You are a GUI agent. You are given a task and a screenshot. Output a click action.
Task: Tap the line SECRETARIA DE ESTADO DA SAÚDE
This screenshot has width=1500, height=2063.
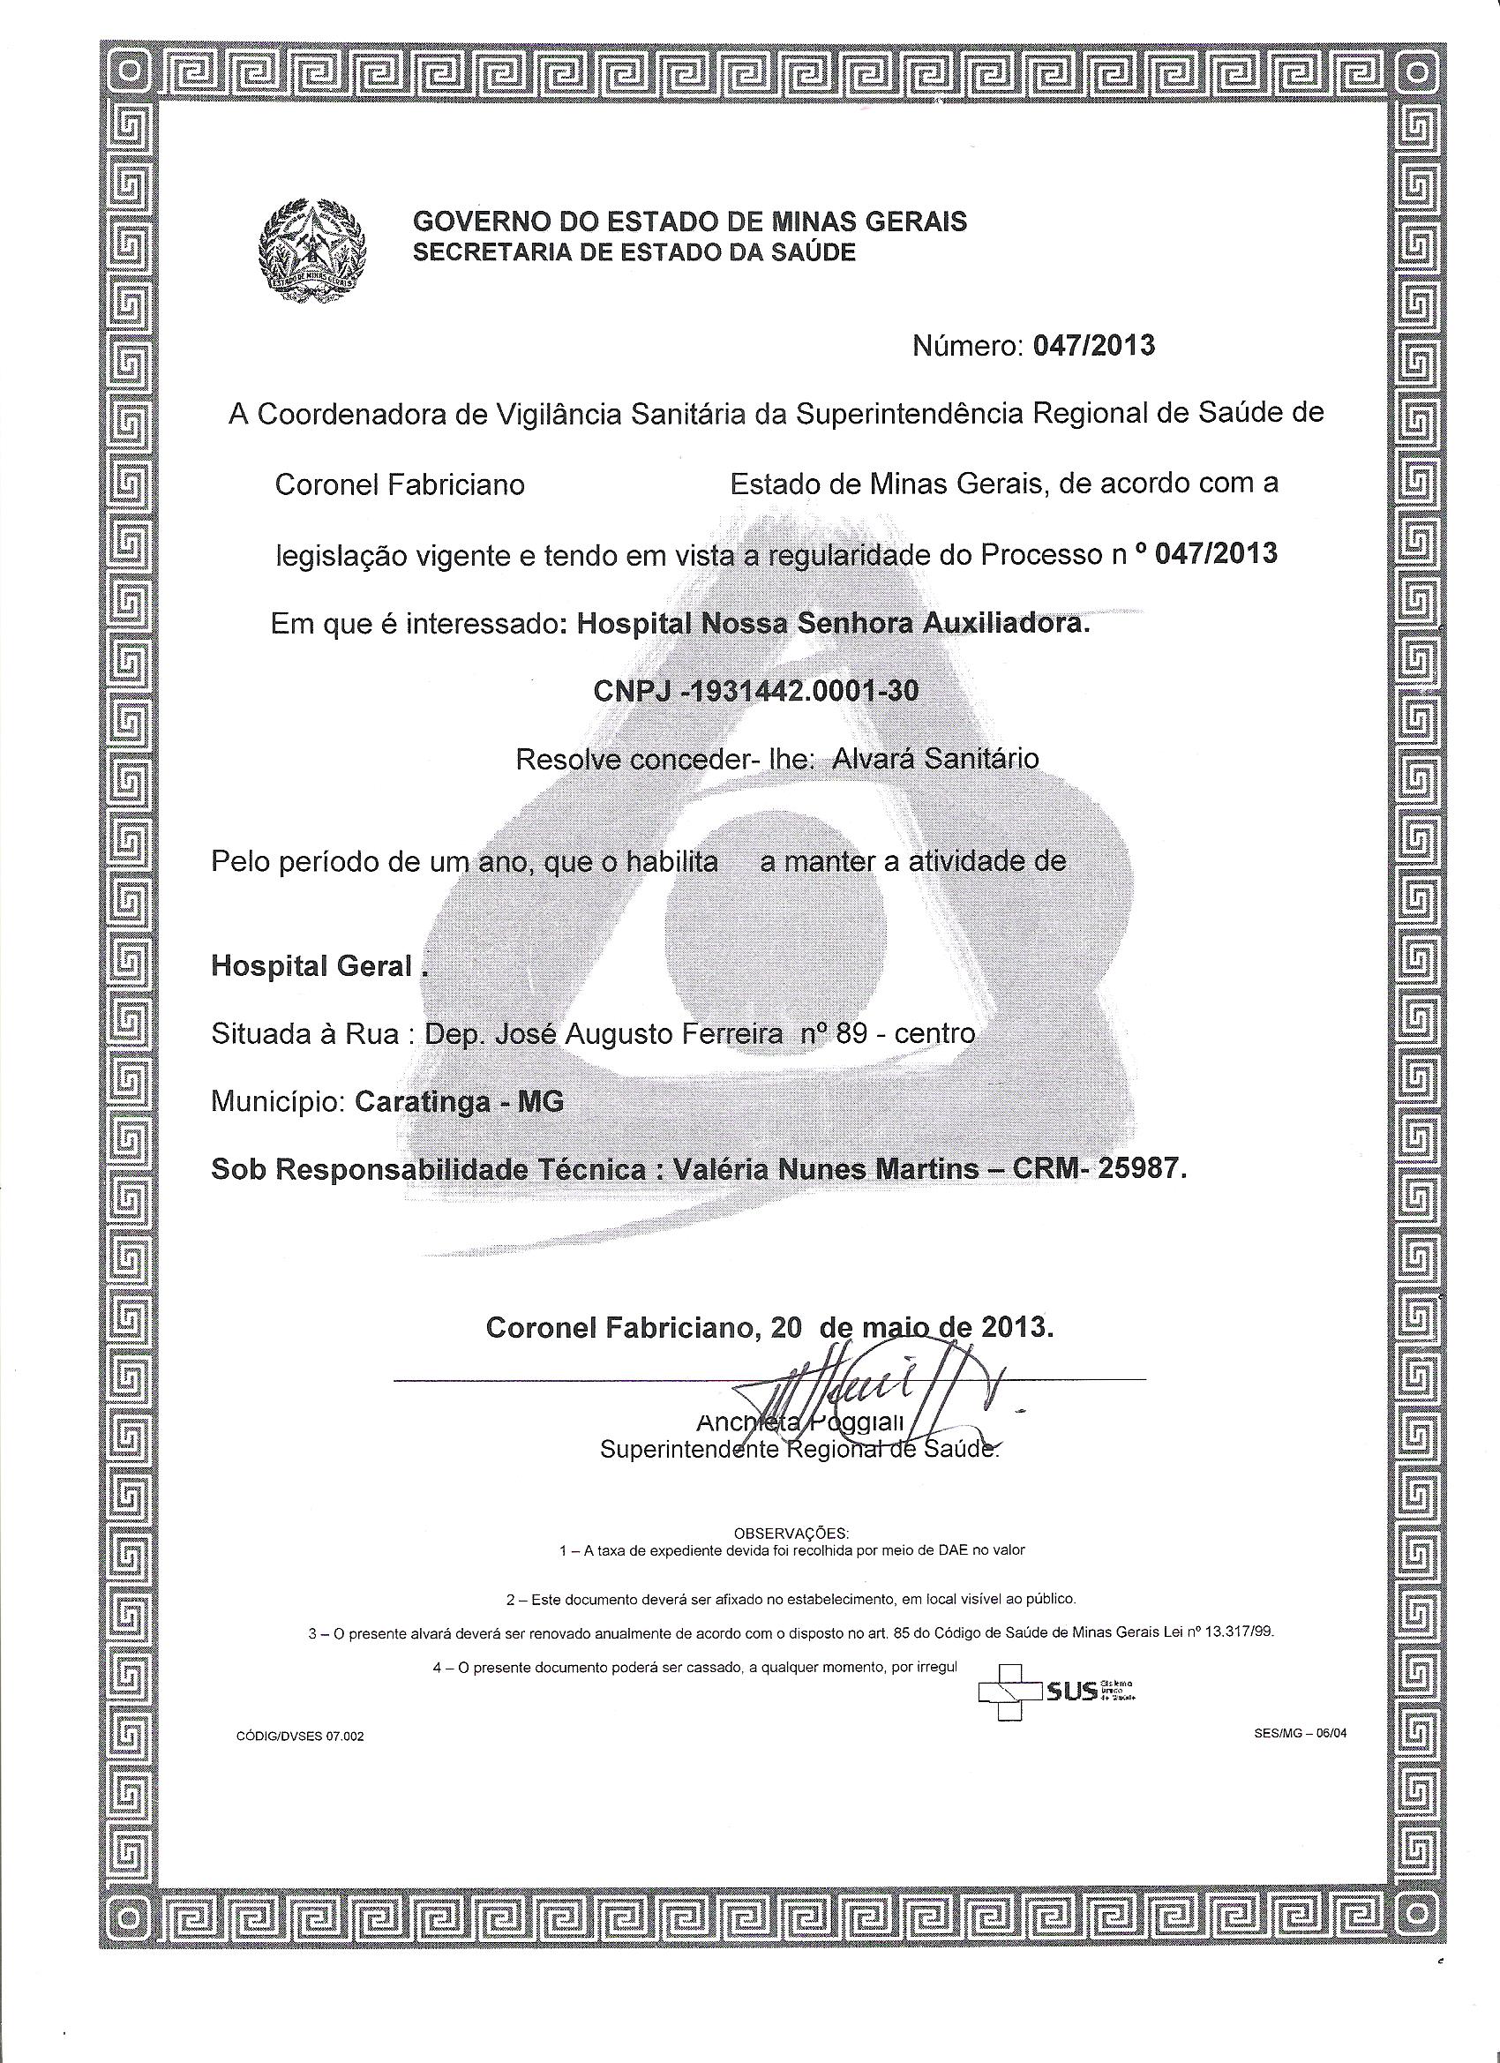point(634,253)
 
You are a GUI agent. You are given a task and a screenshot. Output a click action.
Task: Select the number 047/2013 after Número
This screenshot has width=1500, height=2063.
point(1093,347)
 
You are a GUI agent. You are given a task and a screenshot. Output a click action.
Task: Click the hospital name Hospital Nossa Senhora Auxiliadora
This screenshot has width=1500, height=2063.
point(831,625)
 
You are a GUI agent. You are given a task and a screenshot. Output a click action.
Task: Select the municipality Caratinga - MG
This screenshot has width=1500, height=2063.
point(460,1101)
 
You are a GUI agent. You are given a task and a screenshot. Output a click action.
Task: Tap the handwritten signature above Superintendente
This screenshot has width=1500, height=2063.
point(874,1396)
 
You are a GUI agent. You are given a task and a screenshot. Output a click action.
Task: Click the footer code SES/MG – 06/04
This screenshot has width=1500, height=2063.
point(1299,1733)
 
